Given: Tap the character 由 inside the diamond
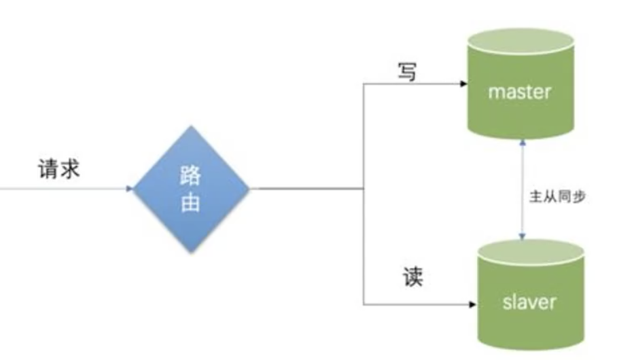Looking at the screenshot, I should click(191, 203).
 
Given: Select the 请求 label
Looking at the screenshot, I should click(58, 168).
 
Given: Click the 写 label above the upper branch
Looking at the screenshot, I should click(406, 72).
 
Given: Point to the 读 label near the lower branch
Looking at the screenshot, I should click(412, 277).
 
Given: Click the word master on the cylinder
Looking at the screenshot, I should click(520, 91).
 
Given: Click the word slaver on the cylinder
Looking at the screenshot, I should click(529, 301).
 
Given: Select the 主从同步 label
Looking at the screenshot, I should click(557, 197).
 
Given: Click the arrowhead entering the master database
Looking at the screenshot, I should click(463, 85).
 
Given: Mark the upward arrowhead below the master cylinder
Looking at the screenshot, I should click(521, 145).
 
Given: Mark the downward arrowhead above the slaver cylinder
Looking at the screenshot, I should click(521, 236).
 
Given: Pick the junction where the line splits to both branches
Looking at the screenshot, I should click(364, 188).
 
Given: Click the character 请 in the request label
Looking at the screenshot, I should click(47, 168).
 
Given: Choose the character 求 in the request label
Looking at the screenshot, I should click(69, 168).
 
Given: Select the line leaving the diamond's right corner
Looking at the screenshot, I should click(306, 188).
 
